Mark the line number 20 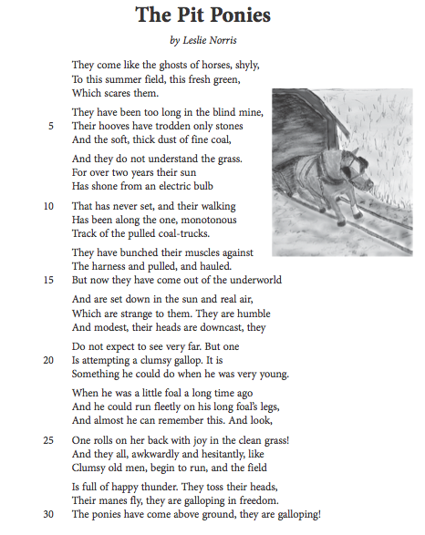(49, 359)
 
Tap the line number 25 (49, 440)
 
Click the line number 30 (49, 514)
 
